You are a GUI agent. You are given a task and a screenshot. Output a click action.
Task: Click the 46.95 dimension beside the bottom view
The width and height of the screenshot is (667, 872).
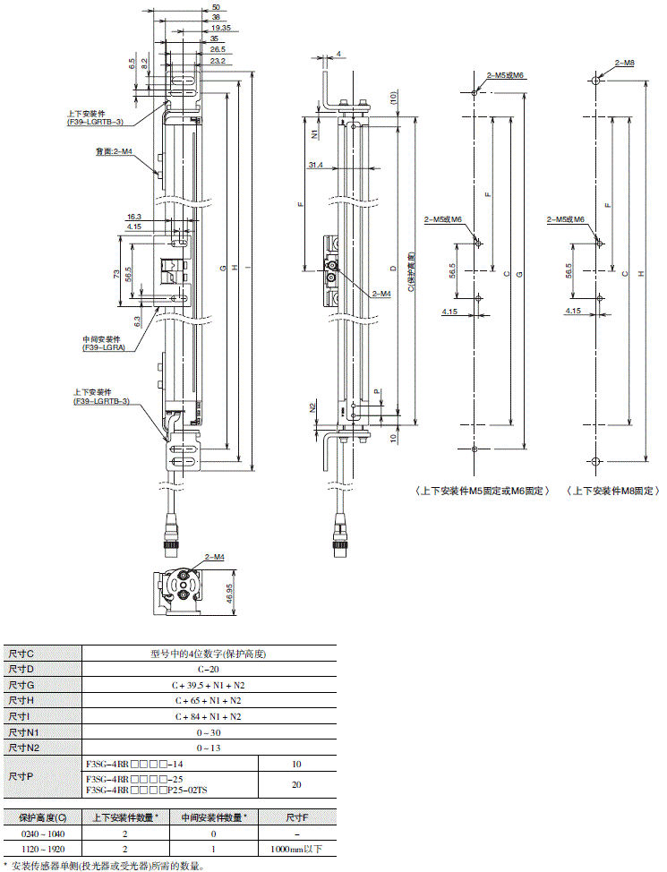pyautogui.click(x=231, y=593)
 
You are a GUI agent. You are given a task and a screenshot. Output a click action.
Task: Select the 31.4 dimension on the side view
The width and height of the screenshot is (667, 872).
pyautogui.click(x=314, y=165)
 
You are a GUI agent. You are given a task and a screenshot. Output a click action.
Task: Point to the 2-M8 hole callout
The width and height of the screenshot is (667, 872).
pyautogui.click(x=624, y=64)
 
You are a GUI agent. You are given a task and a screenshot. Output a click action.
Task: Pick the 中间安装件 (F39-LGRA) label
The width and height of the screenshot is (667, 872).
pyautogui.click(x=101, y=343)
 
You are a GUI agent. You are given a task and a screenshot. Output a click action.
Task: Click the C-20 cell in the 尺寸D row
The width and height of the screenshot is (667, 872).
pyautogui.click(x=209, y=669)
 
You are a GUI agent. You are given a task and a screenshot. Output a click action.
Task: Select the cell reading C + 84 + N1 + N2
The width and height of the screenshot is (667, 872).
pyautogui.click(x=209, y=716)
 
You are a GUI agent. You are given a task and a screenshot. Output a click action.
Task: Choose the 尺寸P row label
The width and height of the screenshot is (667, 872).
pyautogui.click(x=21, y=777)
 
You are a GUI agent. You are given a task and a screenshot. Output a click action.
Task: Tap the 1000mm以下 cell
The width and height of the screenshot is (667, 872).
pyautogui.click(x=298, y=848)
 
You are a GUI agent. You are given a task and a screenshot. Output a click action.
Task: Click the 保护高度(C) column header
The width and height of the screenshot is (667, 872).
pyautogui.click(x=42, y=816)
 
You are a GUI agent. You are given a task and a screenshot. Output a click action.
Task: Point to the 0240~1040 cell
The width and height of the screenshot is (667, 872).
pyautogui.click(x=42, y=833)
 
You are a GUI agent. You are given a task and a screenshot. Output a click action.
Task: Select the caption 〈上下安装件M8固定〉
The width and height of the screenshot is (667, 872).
pyautogui.click(x=613, y=492)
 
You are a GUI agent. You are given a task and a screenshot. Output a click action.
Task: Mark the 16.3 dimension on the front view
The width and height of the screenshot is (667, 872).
pyautogui.click(x=134, y=217)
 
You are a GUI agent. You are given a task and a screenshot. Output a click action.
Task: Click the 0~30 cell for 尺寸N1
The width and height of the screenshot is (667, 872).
pyautogui.click(x=209, y=731)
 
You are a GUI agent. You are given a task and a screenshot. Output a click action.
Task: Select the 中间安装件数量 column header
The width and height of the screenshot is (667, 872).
pyautogui.click(x=214, y=816)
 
